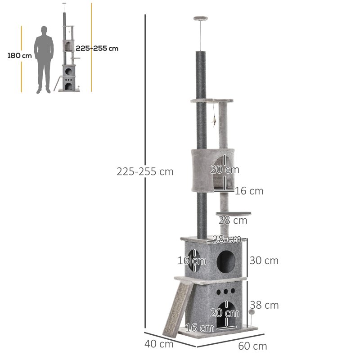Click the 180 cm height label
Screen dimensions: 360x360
point(20,56)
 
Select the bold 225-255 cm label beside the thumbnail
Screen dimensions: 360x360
point(97,48)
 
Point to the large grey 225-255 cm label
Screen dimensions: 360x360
point(145,171)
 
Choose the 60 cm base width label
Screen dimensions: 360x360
point(252,346)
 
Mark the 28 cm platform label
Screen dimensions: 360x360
point(233,220)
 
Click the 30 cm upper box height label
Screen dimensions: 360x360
point(264,261)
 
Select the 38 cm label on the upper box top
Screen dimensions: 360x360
point(227,239)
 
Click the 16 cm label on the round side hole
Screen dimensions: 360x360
point(192,261)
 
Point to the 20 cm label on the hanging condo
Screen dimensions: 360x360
point(225,170)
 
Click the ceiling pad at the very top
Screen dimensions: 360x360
point(201,18)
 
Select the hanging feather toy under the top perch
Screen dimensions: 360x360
point(215,120)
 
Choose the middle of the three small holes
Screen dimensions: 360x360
point(225,291)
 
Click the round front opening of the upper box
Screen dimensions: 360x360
point(225,260)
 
